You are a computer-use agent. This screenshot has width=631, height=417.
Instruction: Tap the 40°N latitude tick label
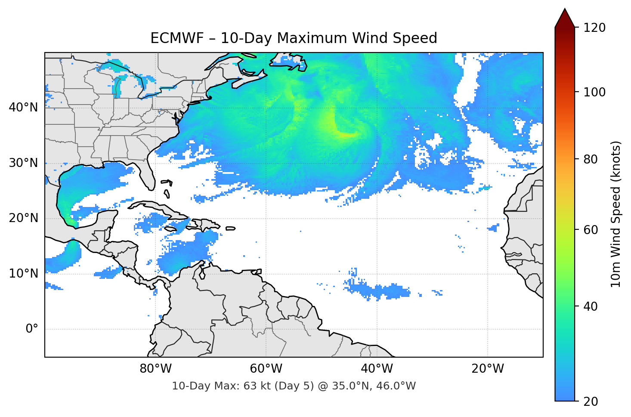[23, 107]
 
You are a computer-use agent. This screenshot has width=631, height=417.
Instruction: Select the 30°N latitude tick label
[23, 163]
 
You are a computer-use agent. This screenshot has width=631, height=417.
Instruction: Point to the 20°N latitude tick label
[23, 218]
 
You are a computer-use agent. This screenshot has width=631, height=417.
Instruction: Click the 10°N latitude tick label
[23, 274]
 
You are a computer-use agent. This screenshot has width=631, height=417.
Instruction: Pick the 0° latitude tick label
[31, 329]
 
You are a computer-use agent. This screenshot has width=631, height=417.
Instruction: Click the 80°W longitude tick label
[155, 369]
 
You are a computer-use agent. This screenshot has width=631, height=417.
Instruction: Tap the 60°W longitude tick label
[266, 369]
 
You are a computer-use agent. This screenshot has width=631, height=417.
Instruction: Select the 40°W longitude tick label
[377, 369]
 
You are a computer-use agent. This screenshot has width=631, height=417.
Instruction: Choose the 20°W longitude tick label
[487, 369]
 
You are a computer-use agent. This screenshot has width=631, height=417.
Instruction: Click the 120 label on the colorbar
[594, 28]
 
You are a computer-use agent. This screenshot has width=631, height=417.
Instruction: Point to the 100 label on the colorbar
[594, 92]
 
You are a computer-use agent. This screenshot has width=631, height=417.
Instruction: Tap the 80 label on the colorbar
[591, 159]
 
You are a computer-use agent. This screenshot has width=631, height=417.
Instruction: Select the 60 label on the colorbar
[591, 230]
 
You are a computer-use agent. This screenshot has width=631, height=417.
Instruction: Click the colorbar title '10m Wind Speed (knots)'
[616, 214]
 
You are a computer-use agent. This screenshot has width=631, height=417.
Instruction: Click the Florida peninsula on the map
[148, 172]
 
